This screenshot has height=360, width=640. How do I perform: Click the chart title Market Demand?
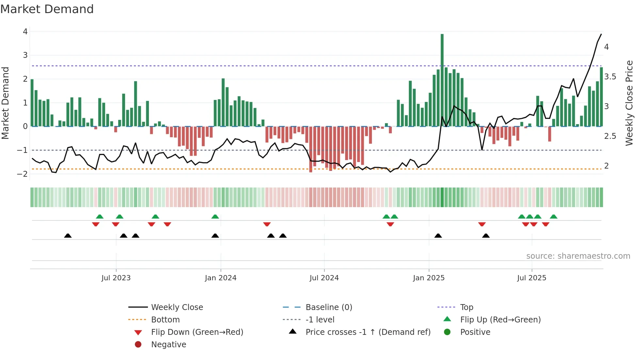[47, 9]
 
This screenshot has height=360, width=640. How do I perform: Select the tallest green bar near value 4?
[442, 80]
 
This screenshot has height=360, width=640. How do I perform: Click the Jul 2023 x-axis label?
[116, 278]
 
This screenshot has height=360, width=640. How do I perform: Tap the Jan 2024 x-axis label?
[220, 278]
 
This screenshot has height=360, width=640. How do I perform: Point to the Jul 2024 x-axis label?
[324, 278]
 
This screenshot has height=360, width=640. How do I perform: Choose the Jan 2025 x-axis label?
[428, 278]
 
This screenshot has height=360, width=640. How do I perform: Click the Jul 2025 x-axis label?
[532, 278]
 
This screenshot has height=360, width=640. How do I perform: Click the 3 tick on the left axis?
[25, 55]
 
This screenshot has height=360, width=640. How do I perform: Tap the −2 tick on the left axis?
[23, 174]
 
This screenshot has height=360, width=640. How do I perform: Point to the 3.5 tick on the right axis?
[610, 77]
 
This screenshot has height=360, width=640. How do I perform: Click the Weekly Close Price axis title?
[629, 103]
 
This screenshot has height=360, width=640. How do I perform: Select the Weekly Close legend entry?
[177, 307]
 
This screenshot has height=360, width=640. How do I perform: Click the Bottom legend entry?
[165, 320]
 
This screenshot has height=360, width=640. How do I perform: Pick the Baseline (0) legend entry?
[328, 307]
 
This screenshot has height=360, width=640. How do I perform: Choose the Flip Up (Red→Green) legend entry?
[500, 320]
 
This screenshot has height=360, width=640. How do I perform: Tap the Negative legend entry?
[168, 345]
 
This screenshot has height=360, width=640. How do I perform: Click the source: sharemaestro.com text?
[578, 256]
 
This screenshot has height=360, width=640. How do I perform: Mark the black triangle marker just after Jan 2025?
[438, 236]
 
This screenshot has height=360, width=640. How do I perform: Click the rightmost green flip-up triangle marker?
[553, 217]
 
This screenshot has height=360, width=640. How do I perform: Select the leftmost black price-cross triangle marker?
[68, 236]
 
